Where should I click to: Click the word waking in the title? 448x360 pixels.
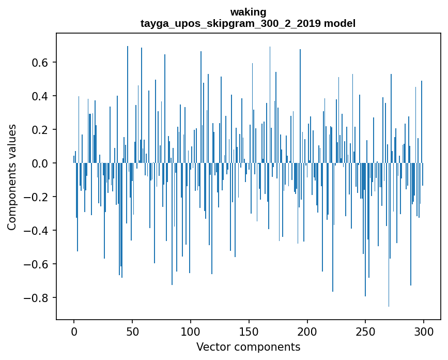tap(248, 12)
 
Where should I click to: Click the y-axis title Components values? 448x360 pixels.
tap(12, 177)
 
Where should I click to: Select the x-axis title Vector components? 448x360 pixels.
tap(248, 347)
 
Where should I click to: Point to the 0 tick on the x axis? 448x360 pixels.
tap(74, 331)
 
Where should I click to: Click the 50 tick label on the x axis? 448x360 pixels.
tap(132, 331)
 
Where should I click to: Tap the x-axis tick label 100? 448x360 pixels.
tap(191, 331)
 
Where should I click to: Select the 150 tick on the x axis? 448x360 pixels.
tap(249, 331)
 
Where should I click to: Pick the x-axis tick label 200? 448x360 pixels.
tap(307, 331)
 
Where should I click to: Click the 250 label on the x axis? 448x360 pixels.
tap(365, 331)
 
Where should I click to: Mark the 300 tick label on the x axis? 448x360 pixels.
tap(424, 331)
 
